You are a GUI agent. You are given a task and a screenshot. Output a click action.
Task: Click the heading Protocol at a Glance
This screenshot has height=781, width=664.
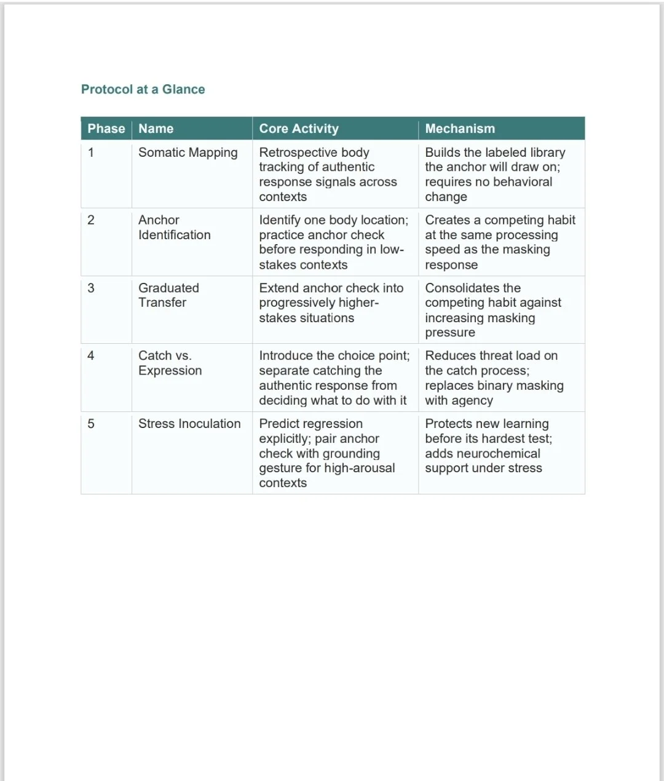click(x=143, y=89)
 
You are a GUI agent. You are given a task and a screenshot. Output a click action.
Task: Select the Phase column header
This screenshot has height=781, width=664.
click(x=106, y=129)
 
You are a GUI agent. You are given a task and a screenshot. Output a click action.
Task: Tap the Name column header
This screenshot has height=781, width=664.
click(x=156, y=129)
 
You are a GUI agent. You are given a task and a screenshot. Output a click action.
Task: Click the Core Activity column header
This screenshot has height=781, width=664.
click(x=299, y=129)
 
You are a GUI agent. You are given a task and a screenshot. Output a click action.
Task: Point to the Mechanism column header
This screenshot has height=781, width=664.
click(x=460, y=129)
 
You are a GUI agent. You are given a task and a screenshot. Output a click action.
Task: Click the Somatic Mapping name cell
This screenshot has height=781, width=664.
click(x=188, y=153)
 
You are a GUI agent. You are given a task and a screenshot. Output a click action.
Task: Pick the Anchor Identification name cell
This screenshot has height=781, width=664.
click(x=174, y=228)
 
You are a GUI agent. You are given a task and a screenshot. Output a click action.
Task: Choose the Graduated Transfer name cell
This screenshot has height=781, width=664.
click(x=168, y=295)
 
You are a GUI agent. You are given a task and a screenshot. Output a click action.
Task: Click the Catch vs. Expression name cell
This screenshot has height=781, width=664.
click(x=170, y=363)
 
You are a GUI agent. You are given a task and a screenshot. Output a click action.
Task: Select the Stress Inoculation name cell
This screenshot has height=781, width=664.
click(x=189, y=424)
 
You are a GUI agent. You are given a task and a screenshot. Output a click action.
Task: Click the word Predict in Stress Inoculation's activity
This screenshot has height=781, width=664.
click(x=279, y=424)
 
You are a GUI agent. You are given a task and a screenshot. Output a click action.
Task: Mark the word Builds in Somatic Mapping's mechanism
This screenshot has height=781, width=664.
click(x=442, y=153)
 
